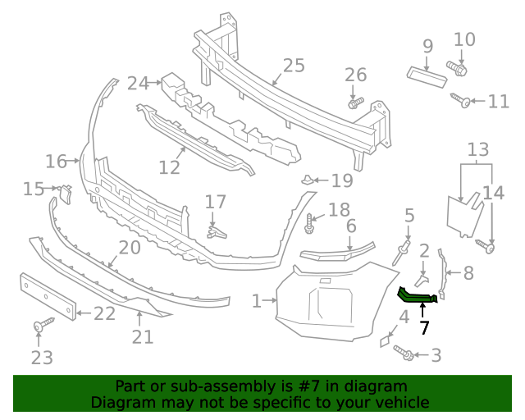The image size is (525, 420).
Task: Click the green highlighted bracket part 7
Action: click(418, 295)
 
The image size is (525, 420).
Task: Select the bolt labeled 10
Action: click(456, 67)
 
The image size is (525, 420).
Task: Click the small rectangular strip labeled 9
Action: click(427, 75)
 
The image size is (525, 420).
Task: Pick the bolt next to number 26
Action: click(354, 103)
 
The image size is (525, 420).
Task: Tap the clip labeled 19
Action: click(306, 180)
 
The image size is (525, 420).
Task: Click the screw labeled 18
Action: click(311, 221)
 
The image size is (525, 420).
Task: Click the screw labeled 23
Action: click(39, 327)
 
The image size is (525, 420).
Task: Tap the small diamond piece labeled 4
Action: click(385, 339)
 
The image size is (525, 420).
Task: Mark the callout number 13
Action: click(478, 149)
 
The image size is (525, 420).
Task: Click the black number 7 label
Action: click(424, 329)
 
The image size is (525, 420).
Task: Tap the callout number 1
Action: click(258, 301)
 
